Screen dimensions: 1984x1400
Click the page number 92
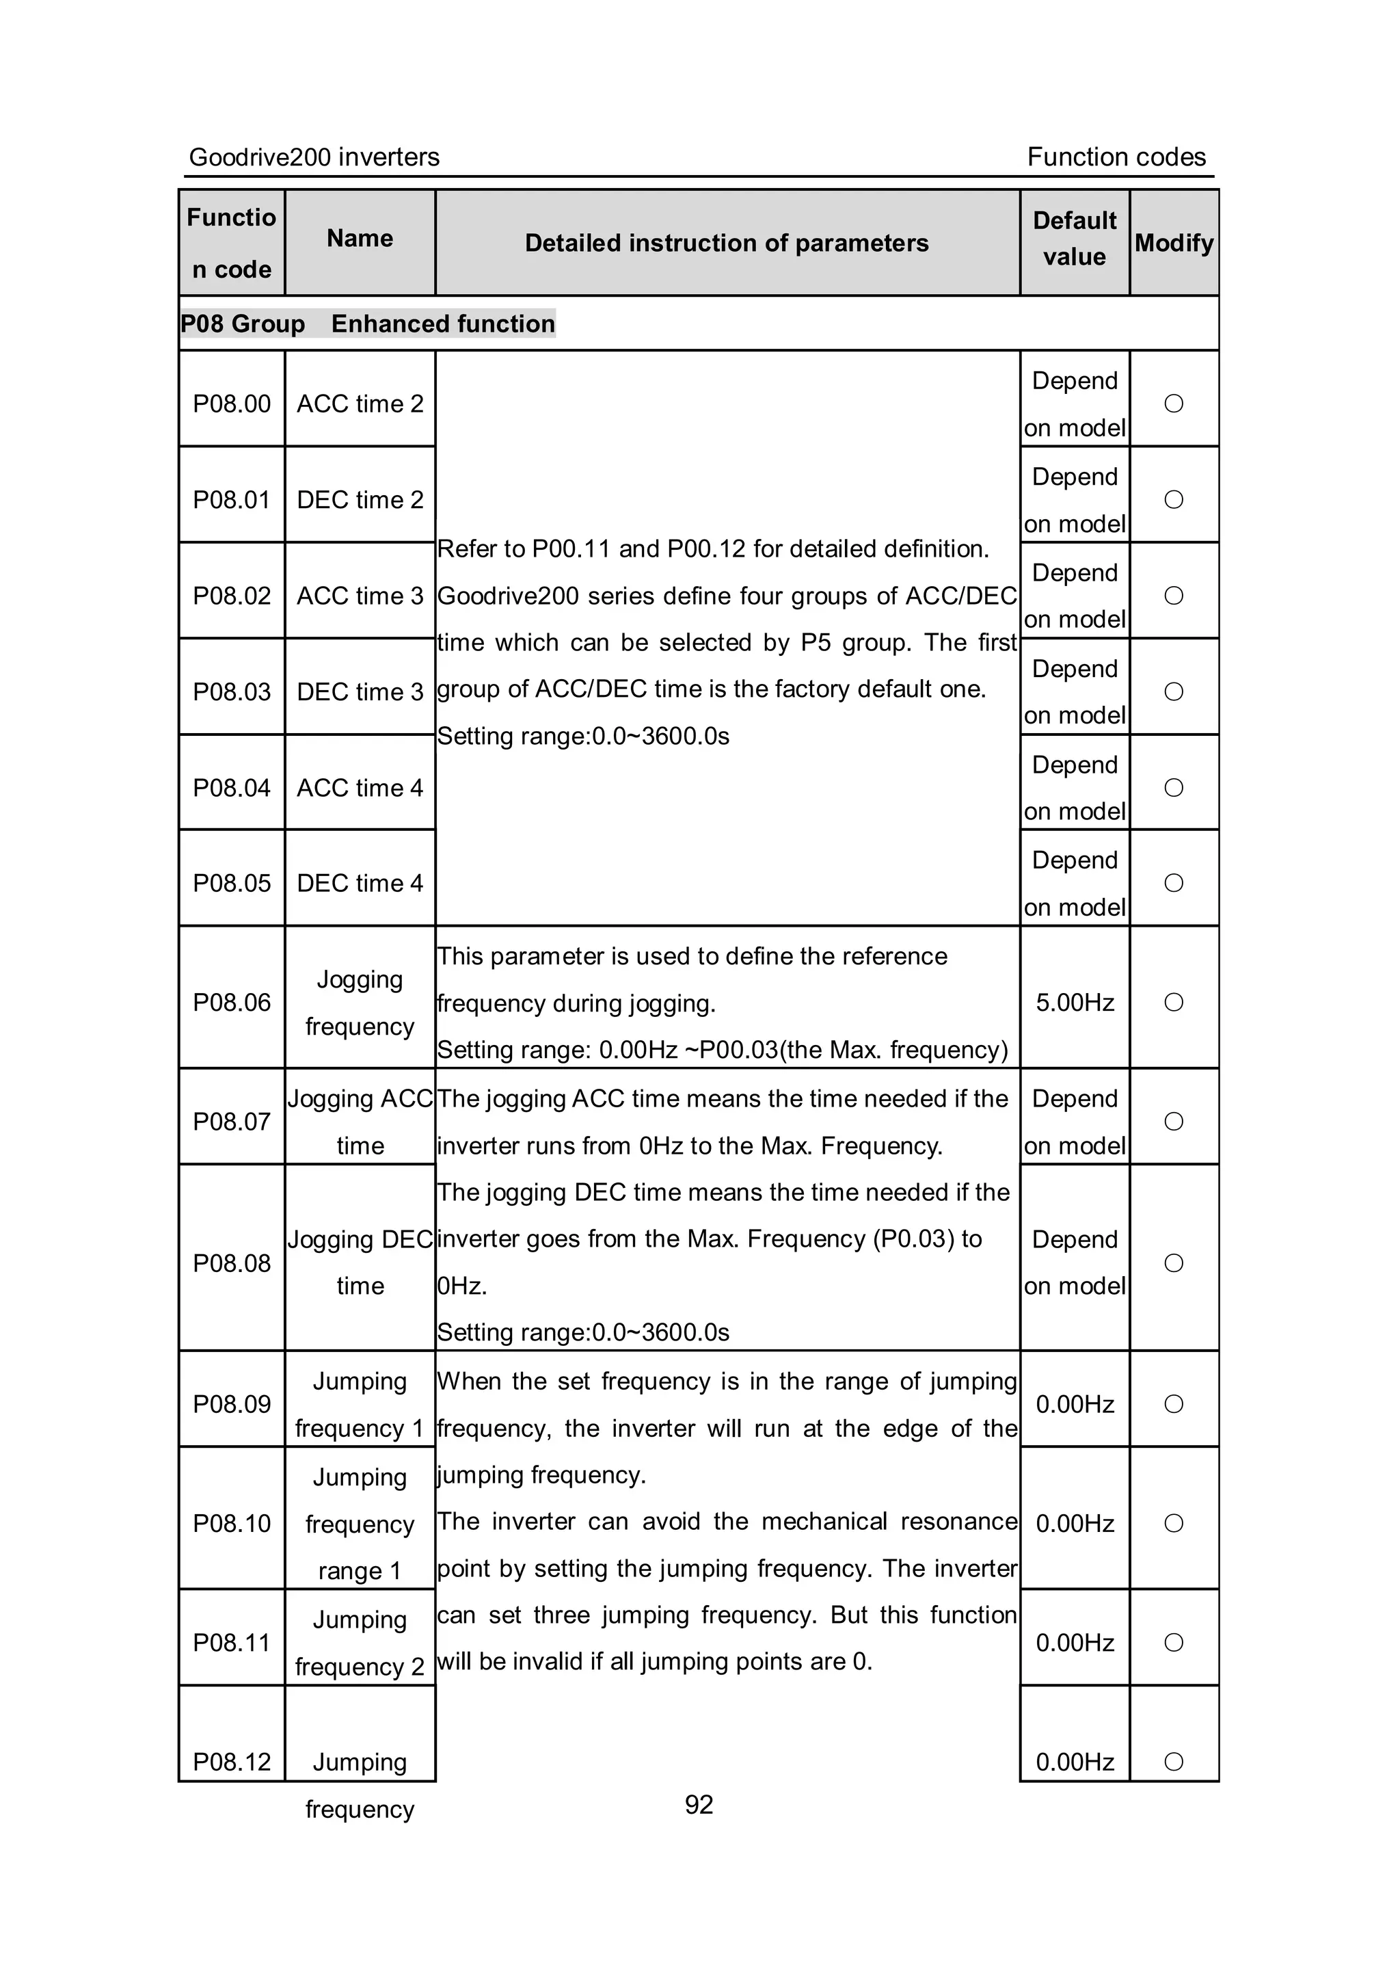[x=699, y=1804]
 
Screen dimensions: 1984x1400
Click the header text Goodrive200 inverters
[x=314, y=157]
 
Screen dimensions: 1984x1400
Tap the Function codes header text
[x=1116, y=157]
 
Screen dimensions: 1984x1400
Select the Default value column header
[x=1075, y=239]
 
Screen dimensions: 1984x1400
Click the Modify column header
[x=1174, y=243]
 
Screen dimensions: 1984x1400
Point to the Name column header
[x=360, y=239]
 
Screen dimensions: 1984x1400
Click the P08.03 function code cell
[x=232, y=691]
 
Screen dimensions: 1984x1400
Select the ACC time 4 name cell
[x=360, y=787]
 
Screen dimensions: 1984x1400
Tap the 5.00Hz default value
[x=1075, y=1003]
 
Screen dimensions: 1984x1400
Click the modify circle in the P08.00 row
[x=1174, y=404]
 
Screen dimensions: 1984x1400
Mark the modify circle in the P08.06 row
[x=1174, y=1003]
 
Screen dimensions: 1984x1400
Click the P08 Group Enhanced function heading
[x=368, y=324]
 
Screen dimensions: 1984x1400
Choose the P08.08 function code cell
[x=232, y=1262]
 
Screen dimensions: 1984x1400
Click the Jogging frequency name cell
[x=360, y=1003]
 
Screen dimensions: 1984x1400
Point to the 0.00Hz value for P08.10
[x=1075, y=1524]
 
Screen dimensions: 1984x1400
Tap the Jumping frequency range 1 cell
[x=360, y=1524]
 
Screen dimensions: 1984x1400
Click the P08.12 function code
[x=232, y=1761]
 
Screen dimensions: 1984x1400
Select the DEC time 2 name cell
[x=360, y=499]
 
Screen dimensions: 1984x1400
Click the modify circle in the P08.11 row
[x=1174, y=1642]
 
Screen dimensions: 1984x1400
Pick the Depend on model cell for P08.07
[x=1075, y=1122]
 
